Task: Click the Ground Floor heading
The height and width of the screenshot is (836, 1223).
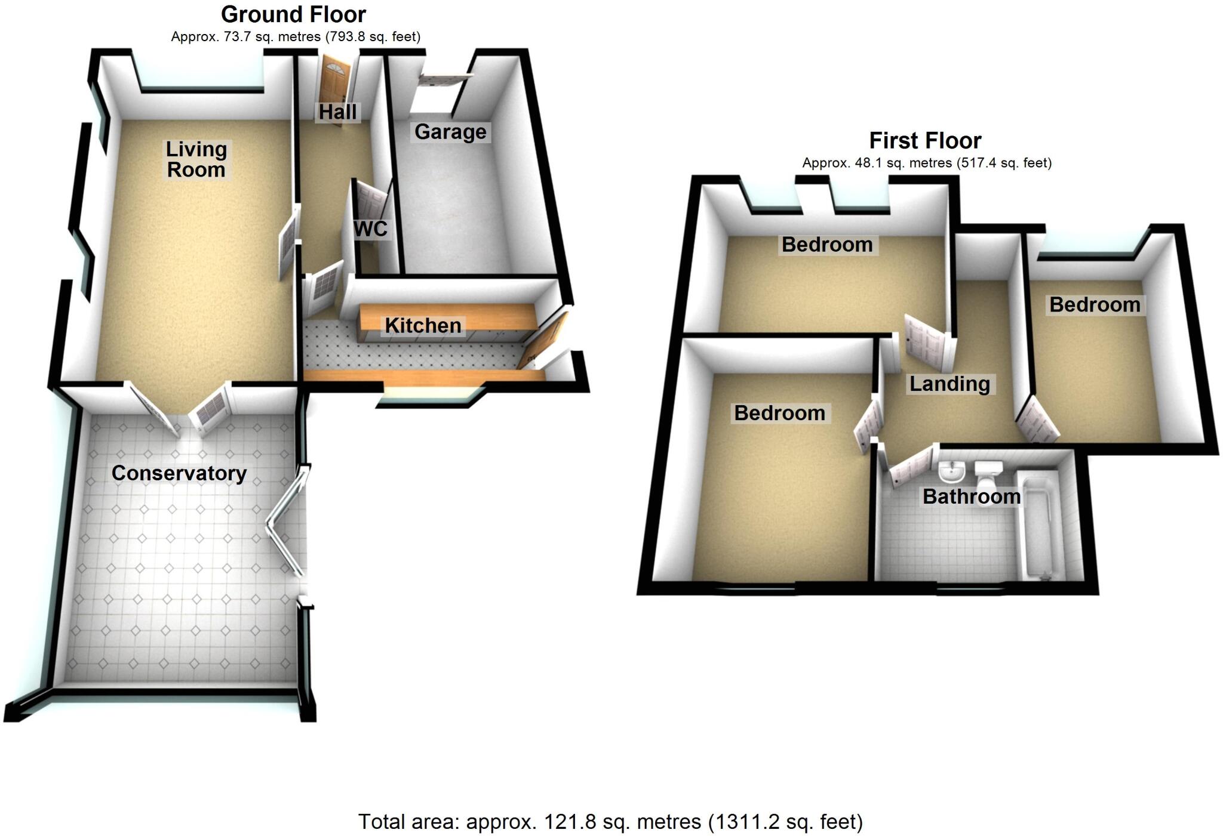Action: point(293,14)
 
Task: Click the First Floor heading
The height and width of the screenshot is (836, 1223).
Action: point(925,141)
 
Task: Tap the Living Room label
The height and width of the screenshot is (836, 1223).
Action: point(196,159)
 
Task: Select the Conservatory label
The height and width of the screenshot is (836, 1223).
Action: point(179,473)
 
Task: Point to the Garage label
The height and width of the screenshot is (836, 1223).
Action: point(450,132)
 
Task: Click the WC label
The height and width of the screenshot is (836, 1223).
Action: point(370,229)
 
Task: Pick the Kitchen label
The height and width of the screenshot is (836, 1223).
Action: point(423,326)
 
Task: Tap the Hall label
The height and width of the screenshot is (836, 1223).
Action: point(337,112)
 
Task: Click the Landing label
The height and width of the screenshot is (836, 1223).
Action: point(949,384)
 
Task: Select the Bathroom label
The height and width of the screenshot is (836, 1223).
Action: point(971,496)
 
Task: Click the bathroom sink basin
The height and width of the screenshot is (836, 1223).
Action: point(951,472)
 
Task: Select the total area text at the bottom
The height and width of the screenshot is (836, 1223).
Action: point(610,822)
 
